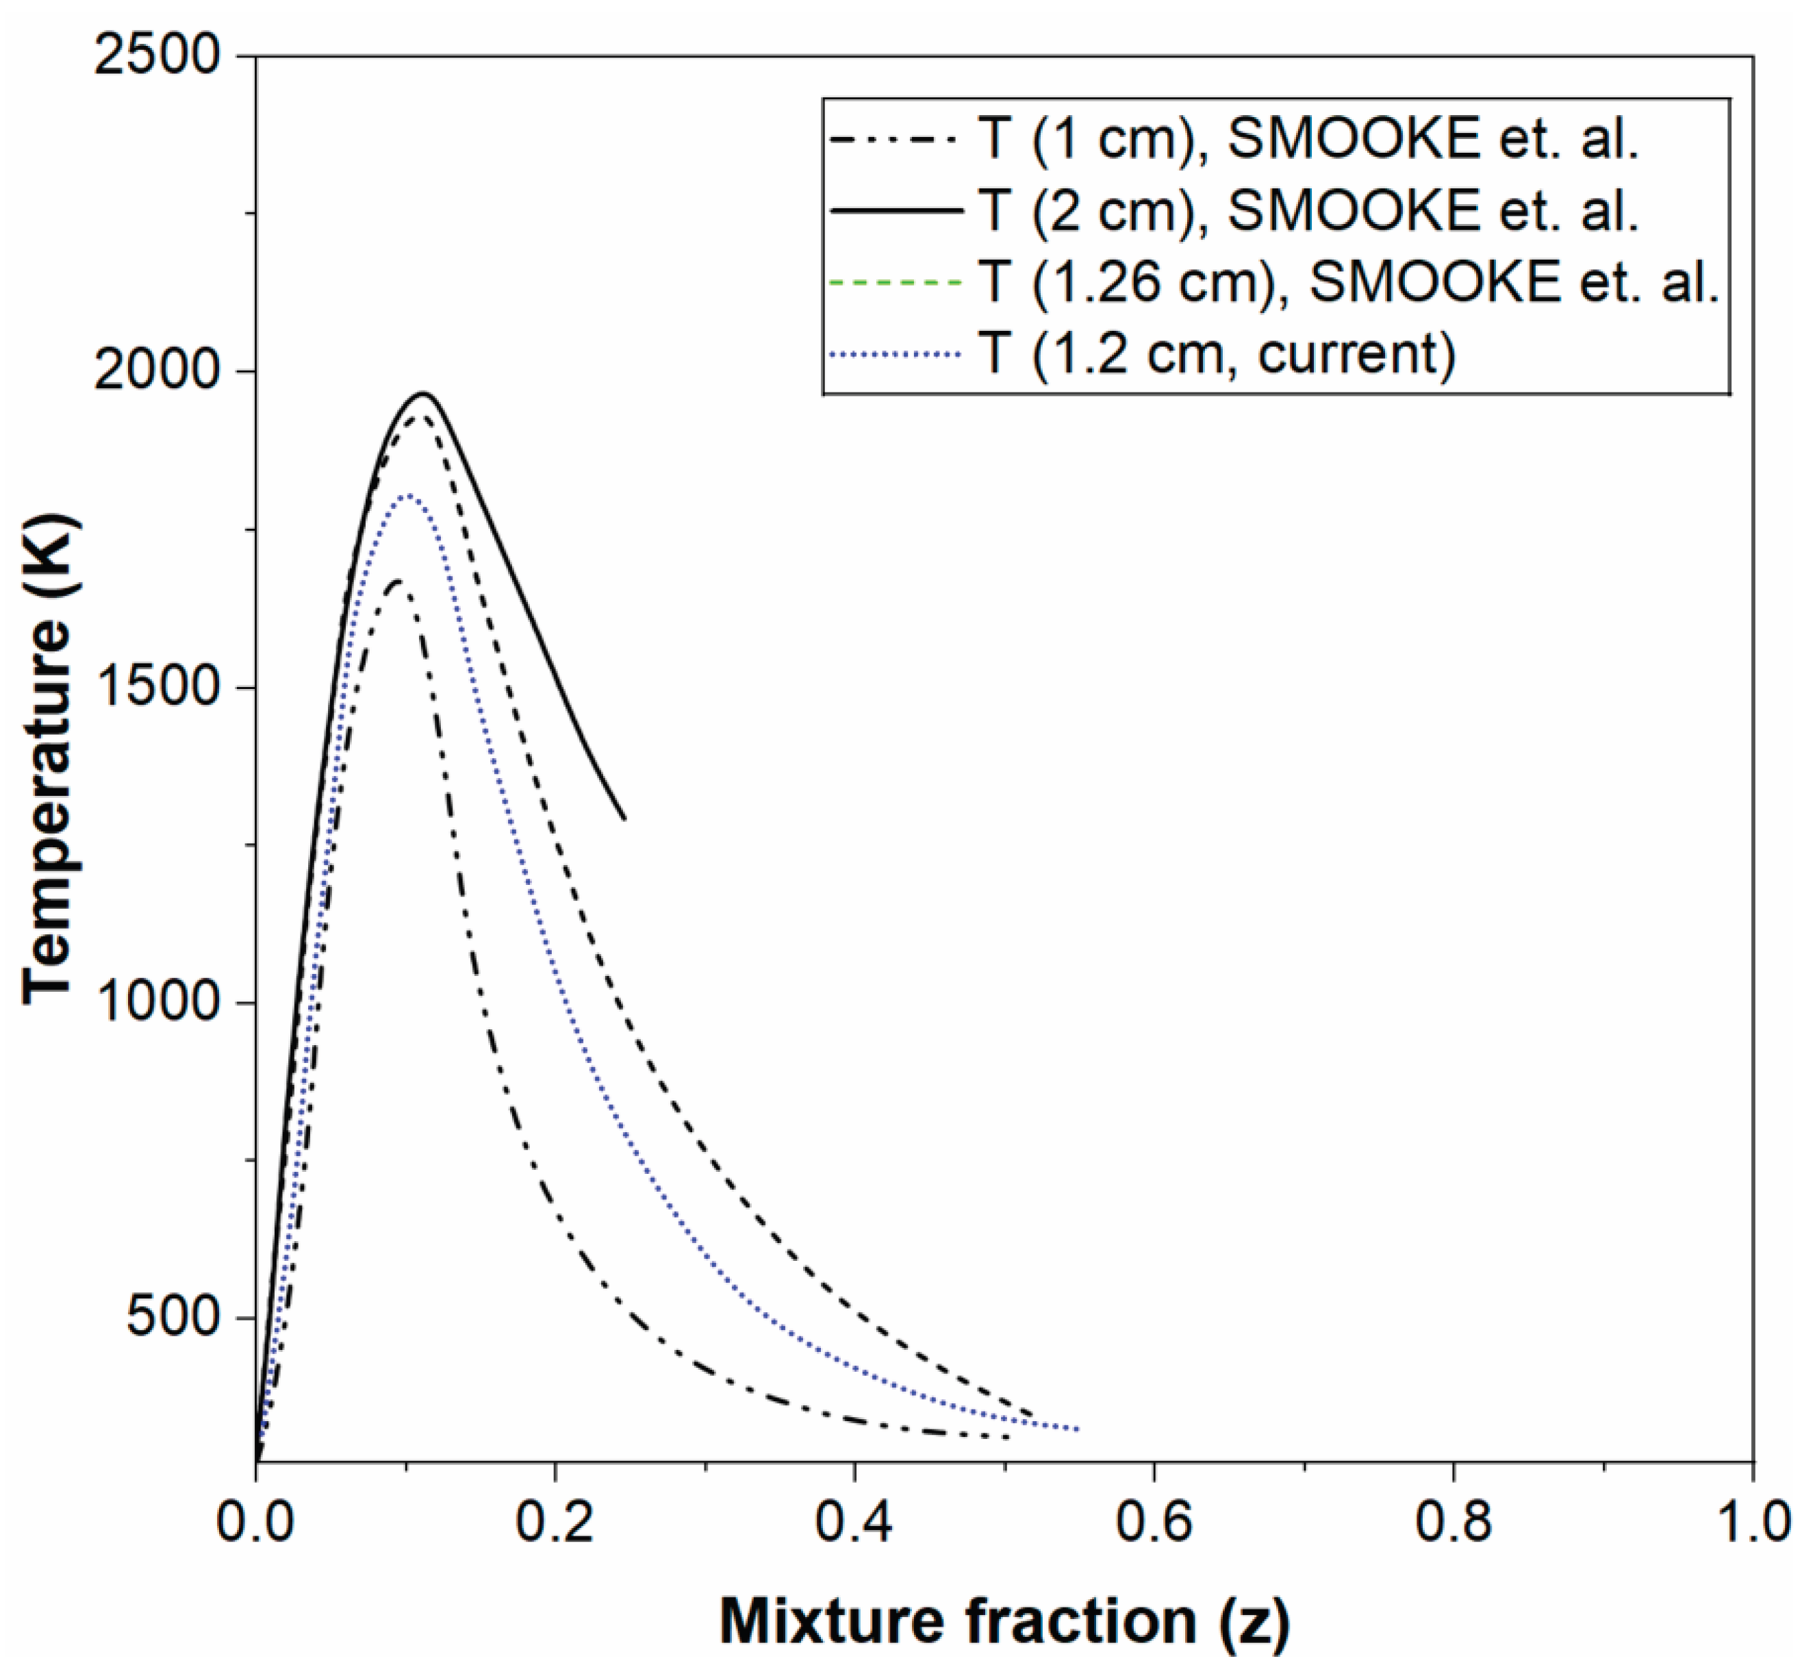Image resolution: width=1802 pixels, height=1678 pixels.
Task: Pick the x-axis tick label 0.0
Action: [255, 1521]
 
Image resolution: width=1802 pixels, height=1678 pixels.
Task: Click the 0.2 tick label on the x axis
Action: [555, 1521]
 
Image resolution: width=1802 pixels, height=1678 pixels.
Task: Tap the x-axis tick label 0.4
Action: [854, 1521]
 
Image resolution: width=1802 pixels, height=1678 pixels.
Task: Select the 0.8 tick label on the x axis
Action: [1453, 1521]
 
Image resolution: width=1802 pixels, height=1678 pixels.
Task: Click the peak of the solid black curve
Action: [422, 392]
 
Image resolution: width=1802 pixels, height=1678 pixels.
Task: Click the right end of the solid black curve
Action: [624, 818]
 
